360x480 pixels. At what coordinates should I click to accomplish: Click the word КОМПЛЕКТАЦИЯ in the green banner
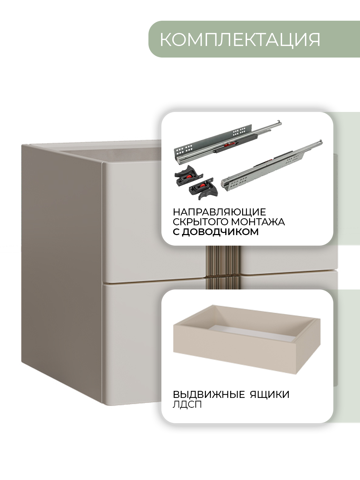point(240,40)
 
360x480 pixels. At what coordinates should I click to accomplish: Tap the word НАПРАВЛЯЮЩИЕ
point(219,212)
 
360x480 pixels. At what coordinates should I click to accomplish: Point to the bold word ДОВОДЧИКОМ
point(220,232)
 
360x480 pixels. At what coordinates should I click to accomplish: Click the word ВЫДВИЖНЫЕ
point(209,394)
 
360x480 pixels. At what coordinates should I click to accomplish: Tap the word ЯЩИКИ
point(270,394)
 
